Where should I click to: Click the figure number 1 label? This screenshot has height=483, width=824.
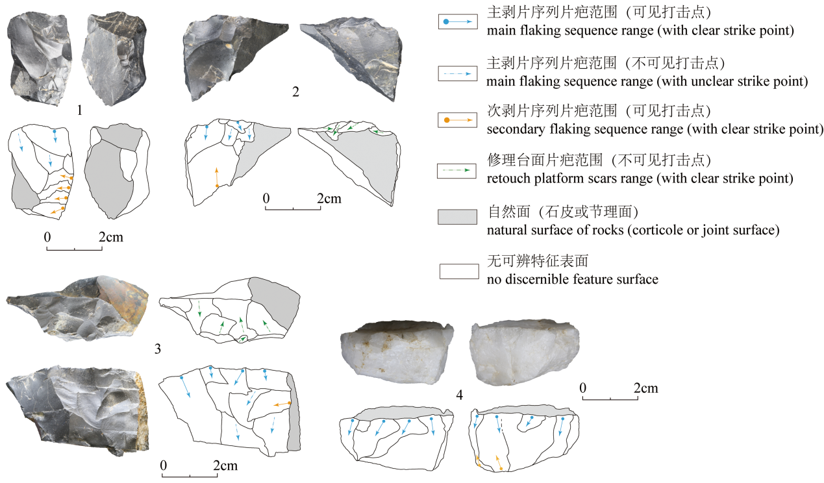coord(79,110)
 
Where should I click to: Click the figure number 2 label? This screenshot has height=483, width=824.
coord(295,92)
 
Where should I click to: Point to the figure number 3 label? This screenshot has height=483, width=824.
coord(158,350)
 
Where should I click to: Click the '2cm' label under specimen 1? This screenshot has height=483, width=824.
coord(110,238)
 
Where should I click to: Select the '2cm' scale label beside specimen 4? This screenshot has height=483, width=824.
coord(645,389)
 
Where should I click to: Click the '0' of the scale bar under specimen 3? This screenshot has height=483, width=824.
coord(163,466)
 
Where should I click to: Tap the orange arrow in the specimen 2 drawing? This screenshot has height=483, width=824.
coord(217,177)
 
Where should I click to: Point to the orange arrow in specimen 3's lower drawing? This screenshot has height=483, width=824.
coord(281,404)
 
